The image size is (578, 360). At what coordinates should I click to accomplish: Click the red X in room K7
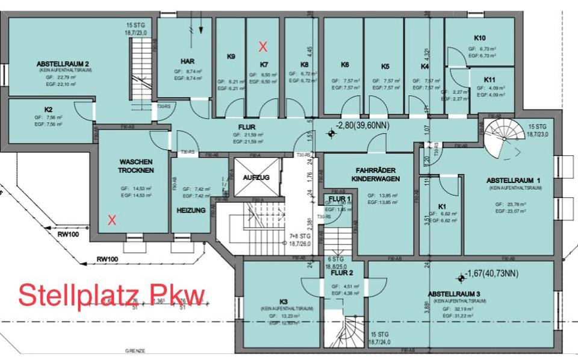[263, 46]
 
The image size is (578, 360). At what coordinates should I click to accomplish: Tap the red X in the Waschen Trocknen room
[111, 220]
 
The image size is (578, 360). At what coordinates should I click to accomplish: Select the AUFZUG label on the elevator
[256, 178]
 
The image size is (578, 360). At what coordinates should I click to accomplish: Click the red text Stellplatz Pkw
[111, 295]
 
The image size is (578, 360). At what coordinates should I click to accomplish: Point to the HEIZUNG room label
[191, 210]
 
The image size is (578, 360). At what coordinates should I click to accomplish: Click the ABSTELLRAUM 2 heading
[63, 63]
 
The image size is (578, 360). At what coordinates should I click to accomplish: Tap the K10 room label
[480, 38]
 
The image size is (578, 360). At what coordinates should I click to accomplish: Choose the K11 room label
[489, 79]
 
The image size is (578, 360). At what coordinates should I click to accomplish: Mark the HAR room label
[187, 61]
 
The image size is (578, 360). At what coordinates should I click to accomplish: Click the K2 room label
[48, 110]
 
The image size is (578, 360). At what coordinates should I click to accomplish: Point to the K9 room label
[231, 57]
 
